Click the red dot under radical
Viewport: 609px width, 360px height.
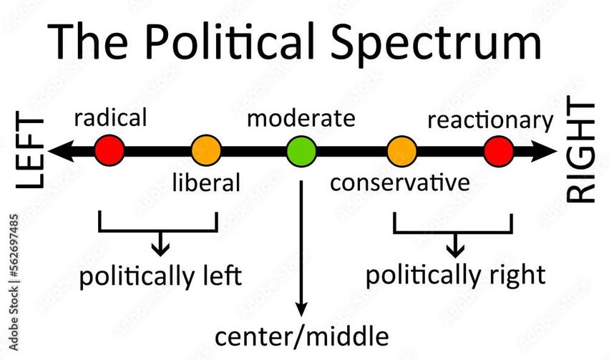click(109, 151)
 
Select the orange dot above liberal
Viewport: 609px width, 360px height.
click(206, 151)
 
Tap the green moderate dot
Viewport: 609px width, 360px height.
click(301, 152)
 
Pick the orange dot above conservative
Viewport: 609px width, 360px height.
click(401, 152)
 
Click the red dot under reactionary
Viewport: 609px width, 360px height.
click(498, 152)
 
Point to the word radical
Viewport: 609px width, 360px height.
click(111, 117)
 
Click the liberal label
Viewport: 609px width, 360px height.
click(206, 183)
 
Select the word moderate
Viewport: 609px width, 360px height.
click(301, 118)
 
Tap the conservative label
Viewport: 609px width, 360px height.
click(400, 183)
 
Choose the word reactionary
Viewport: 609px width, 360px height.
click(490, 120)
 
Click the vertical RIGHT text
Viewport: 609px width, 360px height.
click(580, 152)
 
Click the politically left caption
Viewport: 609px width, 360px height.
click(160, 276)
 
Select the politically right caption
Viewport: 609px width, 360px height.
click(455, 274)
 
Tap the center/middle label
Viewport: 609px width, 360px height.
click(303, 335)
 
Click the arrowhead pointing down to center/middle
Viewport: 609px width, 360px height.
click(302, 309)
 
